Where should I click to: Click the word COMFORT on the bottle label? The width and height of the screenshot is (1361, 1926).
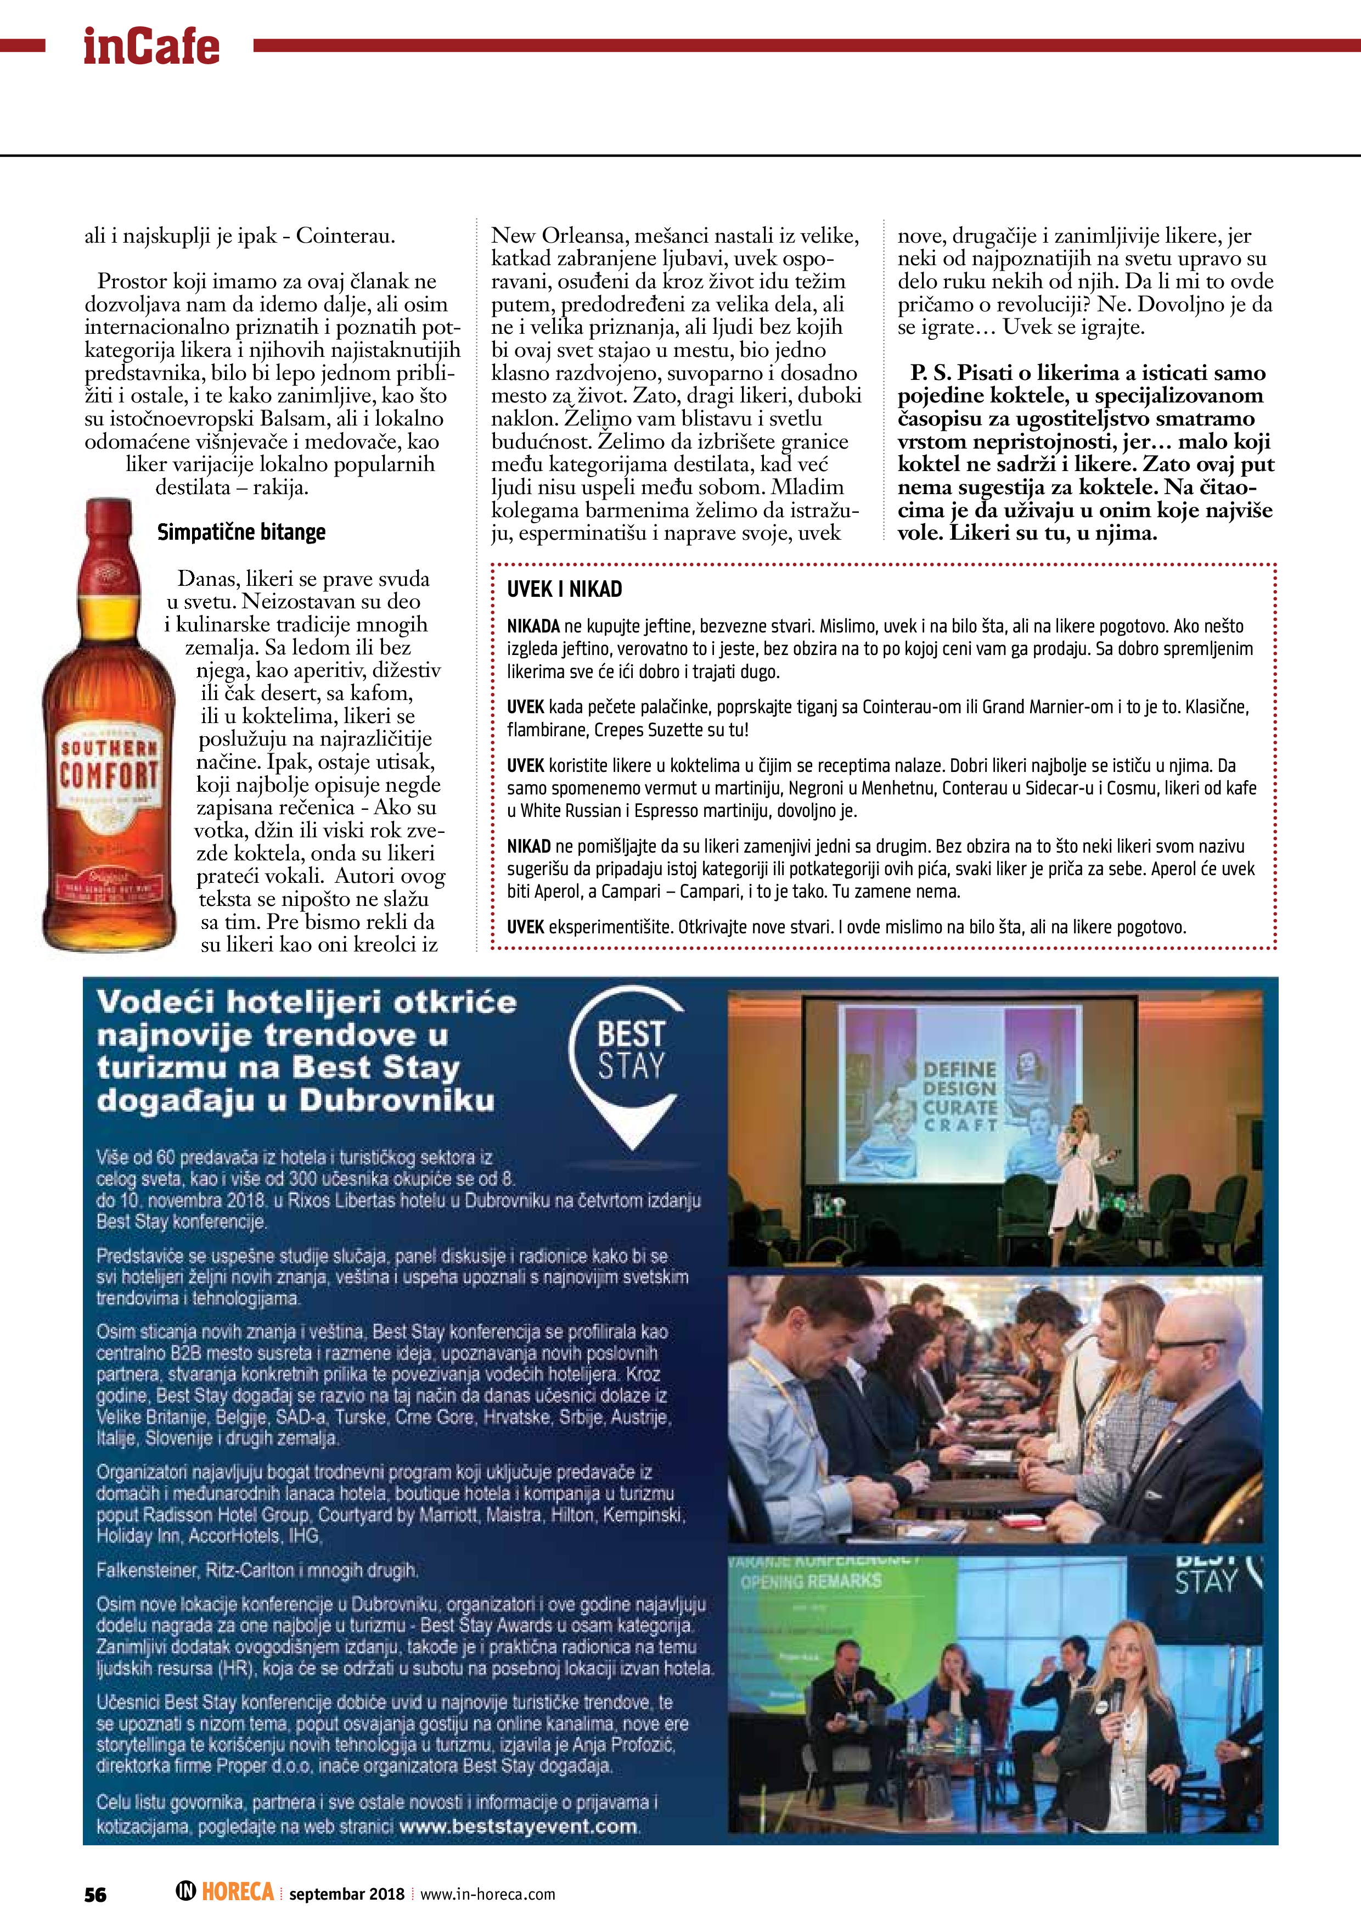point(108,776)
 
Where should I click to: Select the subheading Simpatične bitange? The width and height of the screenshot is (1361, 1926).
point(241,533)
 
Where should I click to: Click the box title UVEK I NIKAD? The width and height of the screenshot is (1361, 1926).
point(564,590)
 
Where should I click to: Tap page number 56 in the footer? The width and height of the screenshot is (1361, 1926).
point(95,1895)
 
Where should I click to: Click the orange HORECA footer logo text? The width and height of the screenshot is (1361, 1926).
point(237,1893)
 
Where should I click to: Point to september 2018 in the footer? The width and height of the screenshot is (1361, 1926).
point(346,1894)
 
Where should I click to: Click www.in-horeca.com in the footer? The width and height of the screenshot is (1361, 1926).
point(487,1894)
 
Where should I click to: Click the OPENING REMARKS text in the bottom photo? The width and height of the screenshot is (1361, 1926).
point(811,1581)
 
